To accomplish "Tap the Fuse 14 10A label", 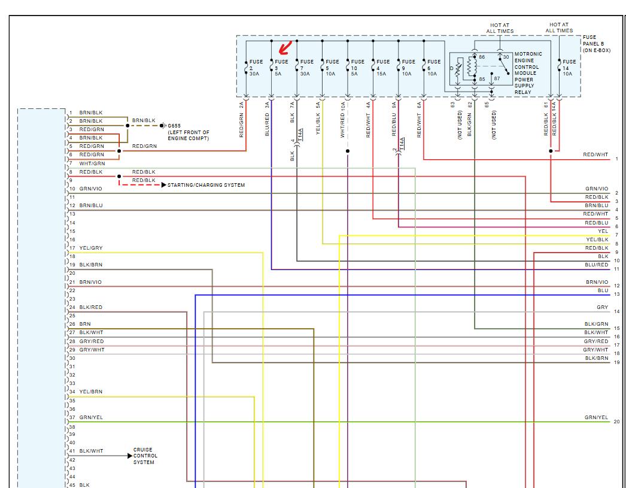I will click(x=569, y=68).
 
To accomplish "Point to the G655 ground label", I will click(x=174, y=126).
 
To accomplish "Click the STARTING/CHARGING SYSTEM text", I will click(x=206, y=185).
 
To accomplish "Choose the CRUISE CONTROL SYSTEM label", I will click(x=144, y=456).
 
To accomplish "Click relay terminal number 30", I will click(x=506, y=57).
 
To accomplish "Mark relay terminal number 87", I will click(x=496, y=78).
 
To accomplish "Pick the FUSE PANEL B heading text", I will click(x=593, y=44).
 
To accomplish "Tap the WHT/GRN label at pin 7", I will click(x=92, y=163).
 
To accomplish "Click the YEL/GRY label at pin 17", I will click(x=90, y=248).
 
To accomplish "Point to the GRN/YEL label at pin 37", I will click(x=90, y=417).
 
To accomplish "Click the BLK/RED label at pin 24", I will click(x=90, y=307).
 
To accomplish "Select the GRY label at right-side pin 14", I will click(x=602, y=307).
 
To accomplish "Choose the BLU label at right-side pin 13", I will click(x=603, y=290).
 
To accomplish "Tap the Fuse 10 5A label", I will click(x=357, y=68).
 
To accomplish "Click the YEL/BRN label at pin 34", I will click(x=90, y=392).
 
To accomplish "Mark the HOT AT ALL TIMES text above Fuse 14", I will click(x=559, y=28).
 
